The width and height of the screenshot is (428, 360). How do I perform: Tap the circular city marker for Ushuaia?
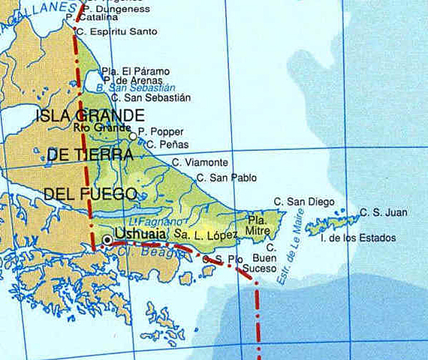click(x=107, y=239)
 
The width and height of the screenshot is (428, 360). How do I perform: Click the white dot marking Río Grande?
click(x=133, y=136)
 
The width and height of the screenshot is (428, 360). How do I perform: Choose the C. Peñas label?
click(x=168, y=144)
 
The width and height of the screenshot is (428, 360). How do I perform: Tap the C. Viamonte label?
click(x=200, y=162)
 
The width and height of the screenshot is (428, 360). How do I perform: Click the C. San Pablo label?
click(x=225, y=178)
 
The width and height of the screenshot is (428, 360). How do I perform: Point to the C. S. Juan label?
click(x=384, y=213)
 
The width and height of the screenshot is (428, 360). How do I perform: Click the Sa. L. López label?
click(x=206, y=235)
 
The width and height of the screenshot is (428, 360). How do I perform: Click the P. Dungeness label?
click(x=116, y=9)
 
